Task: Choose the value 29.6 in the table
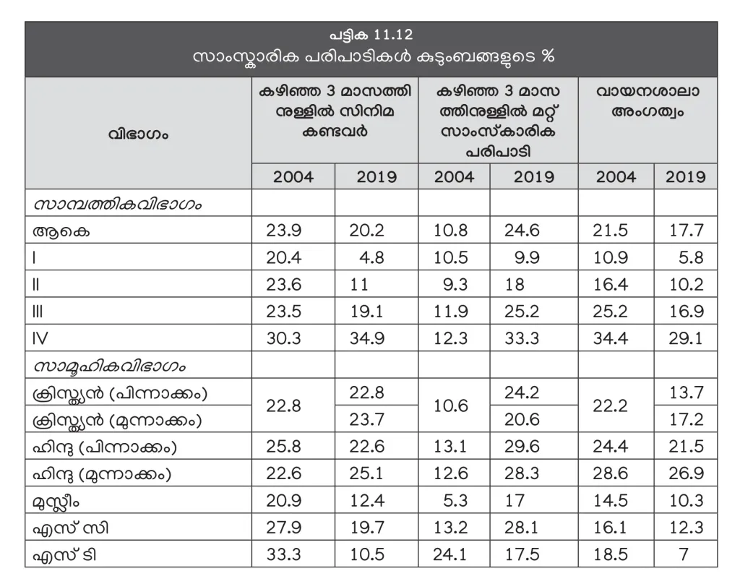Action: [x=533, y=447]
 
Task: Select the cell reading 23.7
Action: [x=377, y=420]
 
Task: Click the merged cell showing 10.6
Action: [x=454, y=406]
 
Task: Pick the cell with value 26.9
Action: [x=684, y=474]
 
